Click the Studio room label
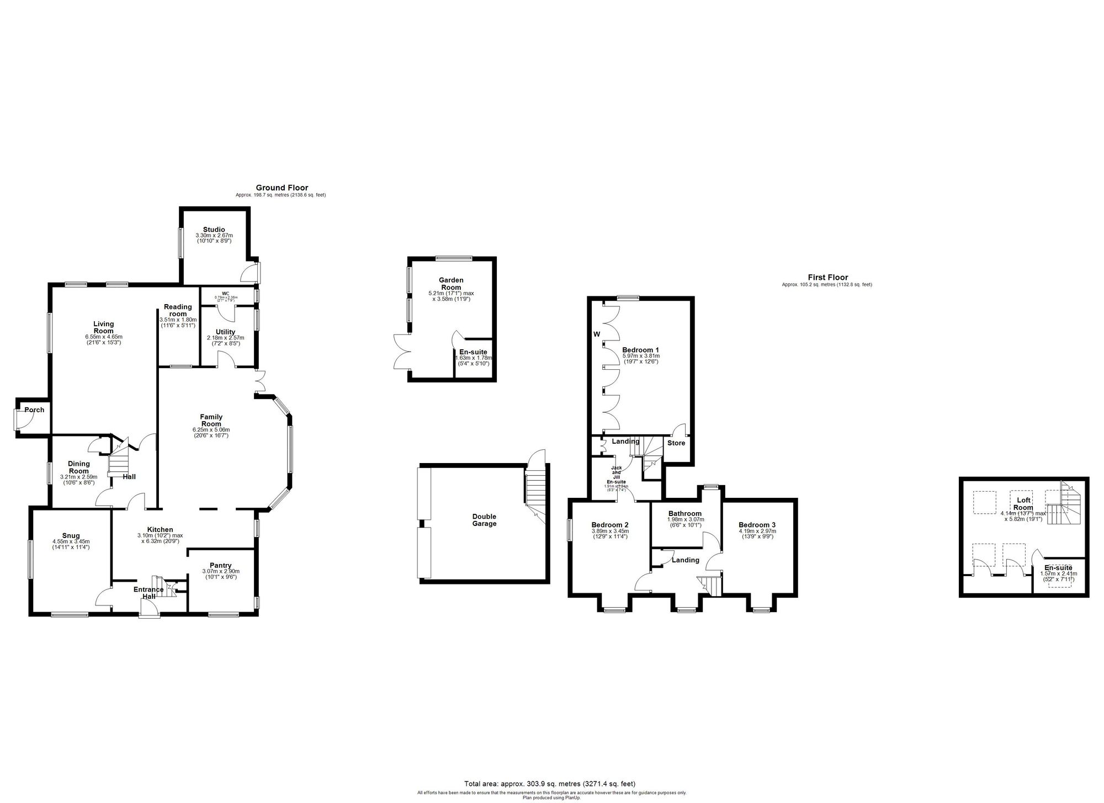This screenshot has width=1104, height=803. [214, 230]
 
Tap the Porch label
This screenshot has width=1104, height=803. [34, 410]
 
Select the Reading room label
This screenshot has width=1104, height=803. [178, 310]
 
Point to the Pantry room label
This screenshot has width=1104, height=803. [221, 565]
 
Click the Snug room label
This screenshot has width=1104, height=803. [71, 535]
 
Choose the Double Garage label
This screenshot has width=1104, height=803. [484, 520]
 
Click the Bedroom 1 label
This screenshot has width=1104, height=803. [640, 350]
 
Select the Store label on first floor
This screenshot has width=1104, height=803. [676, 443]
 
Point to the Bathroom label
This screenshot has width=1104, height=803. [684, 513]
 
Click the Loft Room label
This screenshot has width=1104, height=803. [1023, 504]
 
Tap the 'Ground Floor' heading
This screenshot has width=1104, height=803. [282, 188]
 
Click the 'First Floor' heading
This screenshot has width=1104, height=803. [827, 278]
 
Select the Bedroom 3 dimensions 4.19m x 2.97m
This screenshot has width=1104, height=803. [757, 531]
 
